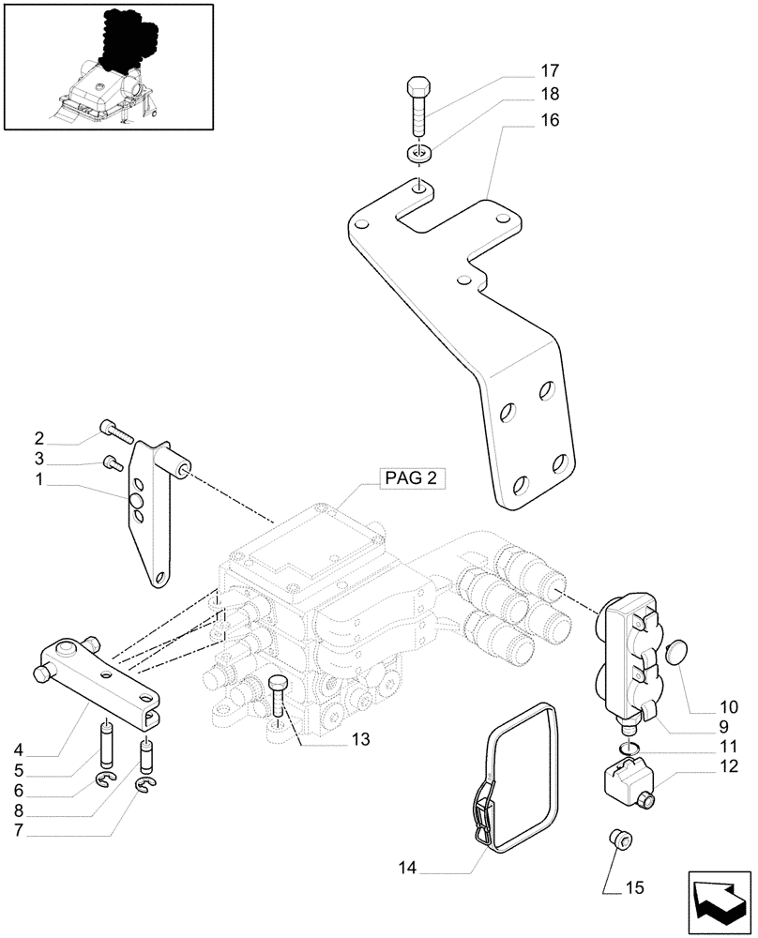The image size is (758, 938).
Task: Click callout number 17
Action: click(x=549, y=70)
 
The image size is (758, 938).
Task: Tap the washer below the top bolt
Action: click(x=419, y=154)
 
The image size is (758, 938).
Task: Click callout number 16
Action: click(x=549, y=121)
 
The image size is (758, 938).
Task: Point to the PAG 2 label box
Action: click(x=410, y=478)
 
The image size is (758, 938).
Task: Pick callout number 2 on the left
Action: click(x=39, y=438)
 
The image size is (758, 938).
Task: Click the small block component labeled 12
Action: click(x=623, y=780)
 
